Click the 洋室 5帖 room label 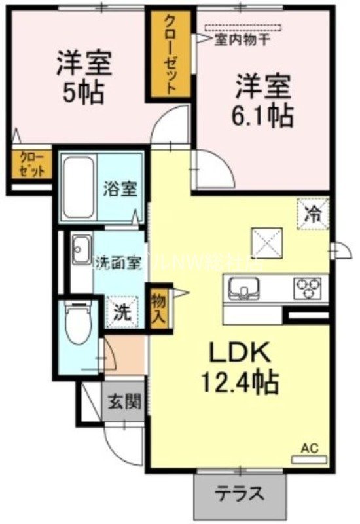(x=84, y=78)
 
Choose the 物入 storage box (x=159, y=307)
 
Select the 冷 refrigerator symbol (x=314, y=213)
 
